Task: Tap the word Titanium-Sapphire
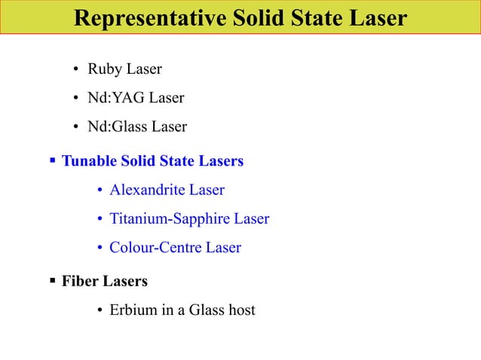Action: coord(170,219)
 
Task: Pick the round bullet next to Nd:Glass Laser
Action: coord(77,127)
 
